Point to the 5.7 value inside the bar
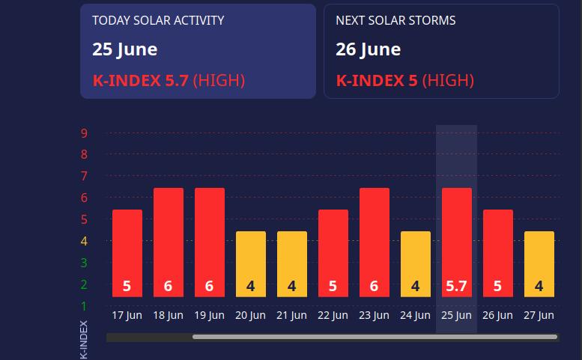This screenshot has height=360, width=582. click(457, 286)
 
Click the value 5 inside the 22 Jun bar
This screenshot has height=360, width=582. click(333, 286)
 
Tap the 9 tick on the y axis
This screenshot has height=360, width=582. click(85, 133)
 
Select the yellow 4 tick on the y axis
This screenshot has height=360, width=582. click(85, 241)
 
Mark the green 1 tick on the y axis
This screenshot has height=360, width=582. click(85, 306)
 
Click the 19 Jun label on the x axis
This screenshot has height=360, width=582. click(210, 315)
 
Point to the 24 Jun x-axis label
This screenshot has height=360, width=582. click(416, 315)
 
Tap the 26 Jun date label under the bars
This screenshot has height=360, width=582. click(498, 315)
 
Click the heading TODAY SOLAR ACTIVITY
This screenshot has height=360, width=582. click(158, 20)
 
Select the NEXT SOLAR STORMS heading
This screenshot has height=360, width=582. click(395, 20)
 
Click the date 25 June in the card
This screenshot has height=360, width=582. click(125, 49)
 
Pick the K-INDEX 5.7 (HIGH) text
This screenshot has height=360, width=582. click(169, 80)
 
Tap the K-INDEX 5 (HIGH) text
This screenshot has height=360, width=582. click(404, 80)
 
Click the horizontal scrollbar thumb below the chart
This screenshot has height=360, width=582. click(375, 338)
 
